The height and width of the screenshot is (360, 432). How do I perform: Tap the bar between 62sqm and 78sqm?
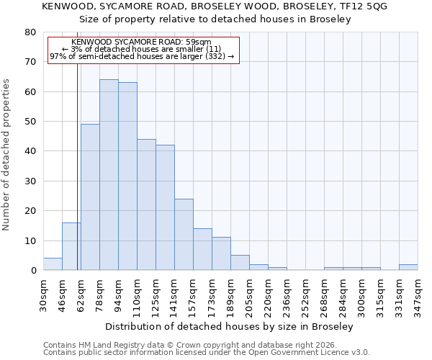coord(90,197)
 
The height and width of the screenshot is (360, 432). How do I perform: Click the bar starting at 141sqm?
coord(184,235)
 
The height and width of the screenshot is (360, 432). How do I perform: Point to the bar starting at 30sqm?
coord(53,264)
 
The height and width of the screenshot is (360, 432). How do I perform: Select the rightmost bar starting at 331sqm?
coord(408,267)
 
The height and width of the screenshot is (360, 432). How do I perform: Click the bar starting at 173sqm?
coord(221,254)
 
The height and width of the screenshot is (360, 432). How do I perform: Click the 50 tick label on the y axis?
coord(30,122)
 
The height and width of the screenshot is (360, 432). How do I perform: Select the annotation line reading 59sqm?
coord(142,42)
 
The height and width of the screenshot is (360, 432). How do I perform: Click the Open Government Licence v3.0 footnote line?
coord(206,353)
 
